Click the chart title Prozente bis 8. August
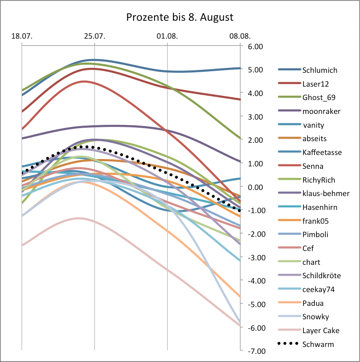click(x=179, y=17)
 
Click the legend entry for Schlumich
click(x=319, y=70)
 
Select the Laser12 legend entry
click(x=315, y=84)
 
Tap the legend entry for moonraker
click(x=321, y=111)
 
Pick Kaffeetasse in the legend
click(x=322, y=152)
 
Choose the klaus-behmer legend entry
click(x=325, y=193)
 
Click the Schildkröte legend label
click(x=321, y=276)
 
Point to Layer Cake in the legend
click(x=321, y=331)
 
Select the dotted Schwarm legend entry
click(x=318, y=344)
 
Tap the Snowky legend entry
click(x=315, y=317)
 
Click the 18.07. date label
click(x=22, y=36)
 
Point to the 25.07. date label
click(x=94, y=36)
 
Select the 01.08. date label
click(x=167, y=36)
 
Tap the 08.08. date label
click(x=240, y=36)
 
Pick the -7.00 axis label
click(x=253, y=351)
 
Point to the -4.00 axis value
click(x=253, y=281)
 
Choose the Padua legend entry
click(x=313, y=303)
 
